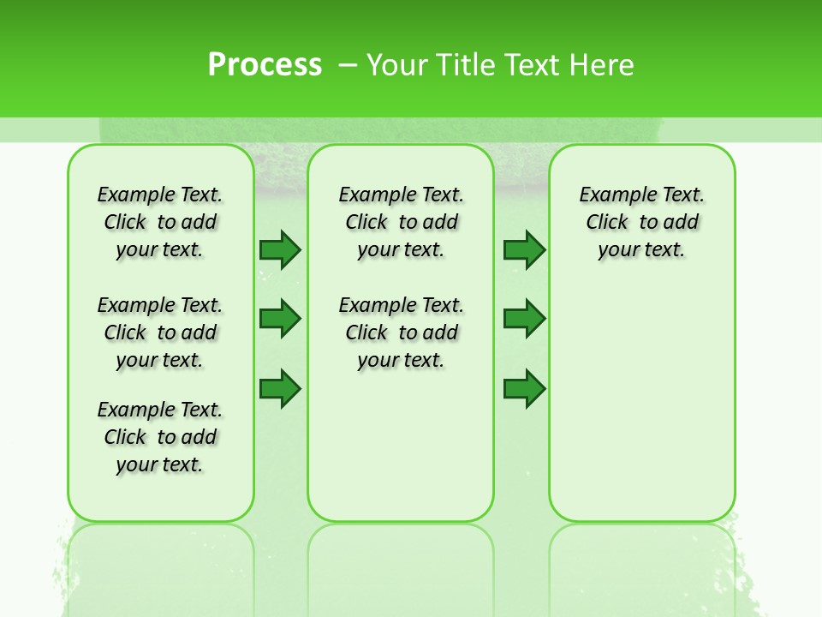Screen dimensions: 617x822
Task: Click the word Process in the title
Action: coord(265,64)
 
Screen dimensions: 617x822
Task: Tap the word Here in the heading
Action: coord(602,65)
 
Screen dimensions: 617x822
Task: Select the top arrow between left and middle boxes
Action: coord(280,249)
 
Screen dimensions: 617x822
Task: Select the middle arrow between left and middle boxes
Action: coord(280,319)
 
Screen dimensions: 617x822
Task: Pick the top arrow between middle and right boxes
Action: coord(524,249)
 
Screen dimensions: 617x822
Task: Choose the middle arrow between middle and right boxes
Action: coord(524,319)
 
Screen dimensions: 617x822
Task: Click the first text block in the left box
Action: coord(160,222)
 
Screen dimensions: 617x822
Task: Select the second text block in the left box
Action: coord(160,332)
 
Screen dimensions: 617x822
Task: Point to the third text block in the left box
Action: coord(160,437)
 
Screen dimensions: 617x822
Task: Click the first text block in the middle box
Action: coord(401,222)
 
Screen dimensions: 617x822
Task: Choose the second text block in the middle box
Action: coord(401,332)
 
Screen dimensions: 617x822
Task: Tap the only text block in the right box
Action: coord(641,222)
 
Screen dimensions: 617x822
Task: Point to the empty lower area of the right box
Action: coord(641,403)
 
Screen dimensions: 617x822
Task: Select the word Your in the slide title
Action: coord(397,65)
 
